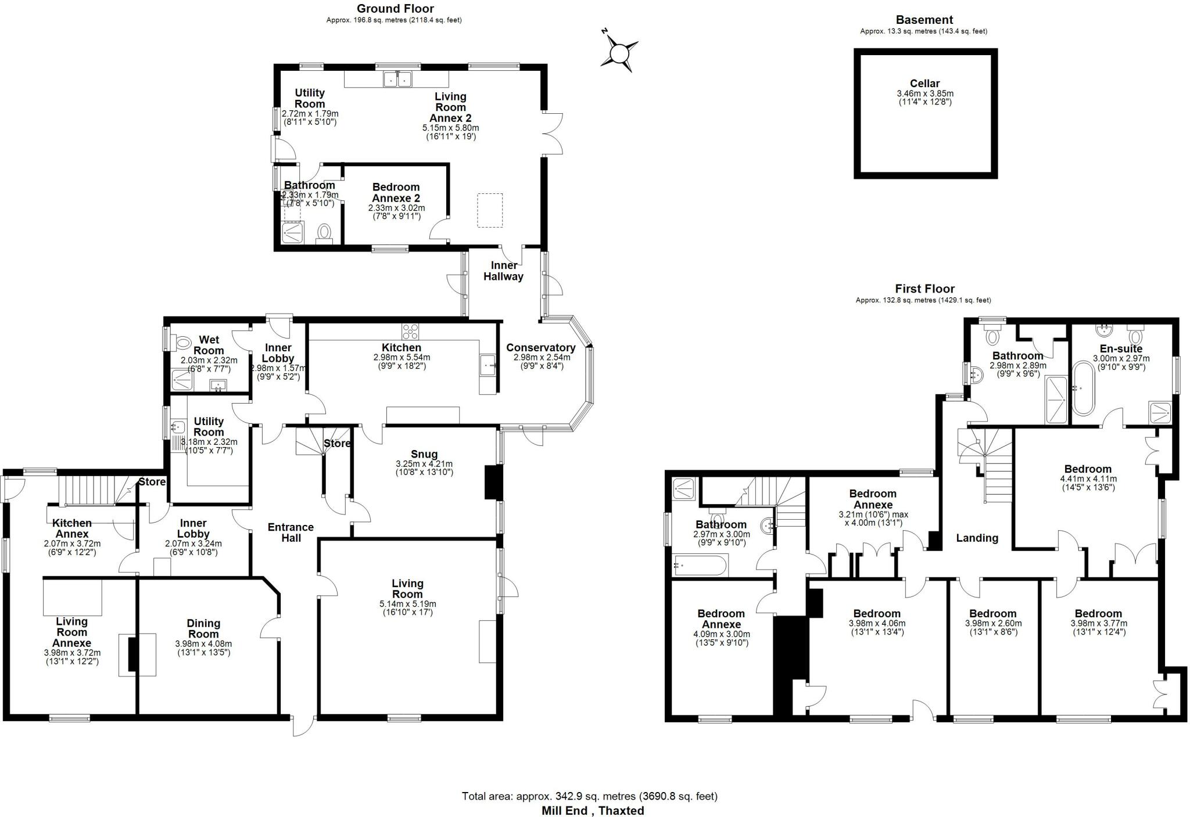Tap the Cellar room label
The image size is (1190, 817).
pos(924,84)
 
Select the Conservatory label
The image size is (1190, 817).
pos(540,348)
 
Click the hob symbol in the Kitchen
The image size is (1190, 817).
pos(410,332)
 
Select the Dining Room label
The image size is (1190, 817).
pos(203,629)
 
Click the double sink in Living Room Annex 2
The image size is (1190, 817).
pos(397,78)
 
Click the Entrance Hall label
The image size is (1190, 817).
pos(291,532)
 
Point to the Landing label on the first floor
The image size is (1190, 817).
pos(977,538)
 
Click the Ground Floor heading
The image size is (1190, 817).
pos(395,9)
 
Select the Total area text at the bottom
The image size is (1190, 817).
pos(589,796)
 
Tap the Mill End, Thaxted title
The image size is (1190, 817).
pos(593,811)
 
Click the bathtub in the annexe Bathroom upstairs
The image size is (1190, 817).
pos(700,565)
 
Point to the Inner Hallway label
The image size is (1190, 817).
pos(503,271)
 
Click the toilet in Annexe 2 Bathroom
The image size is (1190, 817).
pos(324,233)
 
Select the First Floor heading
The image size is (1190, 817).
pos(924,289)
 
